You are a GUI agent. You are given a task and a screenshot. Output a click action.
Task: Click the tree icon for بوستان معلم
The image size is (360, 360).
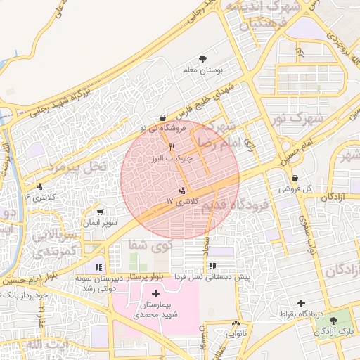pyautogui.click(x=203, y=58)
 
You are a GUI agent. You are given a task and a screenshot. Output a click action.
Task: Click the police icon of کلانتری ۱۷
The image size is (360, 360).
pyautogui.click(x=183, y=190)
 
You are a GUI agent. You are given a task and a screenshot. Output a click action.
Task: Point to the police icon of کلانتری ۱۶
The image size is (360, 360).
pyautogui.click(x=39, y=186)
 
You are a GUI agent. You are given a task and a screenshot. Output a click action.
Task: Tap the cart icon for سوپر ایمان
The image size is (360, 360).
pyautogui.click(x=101, y=211)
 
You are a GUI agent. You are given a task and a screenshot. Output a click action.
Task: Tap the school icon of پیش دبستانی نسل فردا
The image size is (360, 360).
pyautogui.click(x=212, y=266)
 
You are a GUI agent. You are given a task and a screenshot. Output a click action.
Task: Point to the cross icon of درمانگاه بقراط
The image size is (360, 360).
pyautogui.click(x=302, y=303)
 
